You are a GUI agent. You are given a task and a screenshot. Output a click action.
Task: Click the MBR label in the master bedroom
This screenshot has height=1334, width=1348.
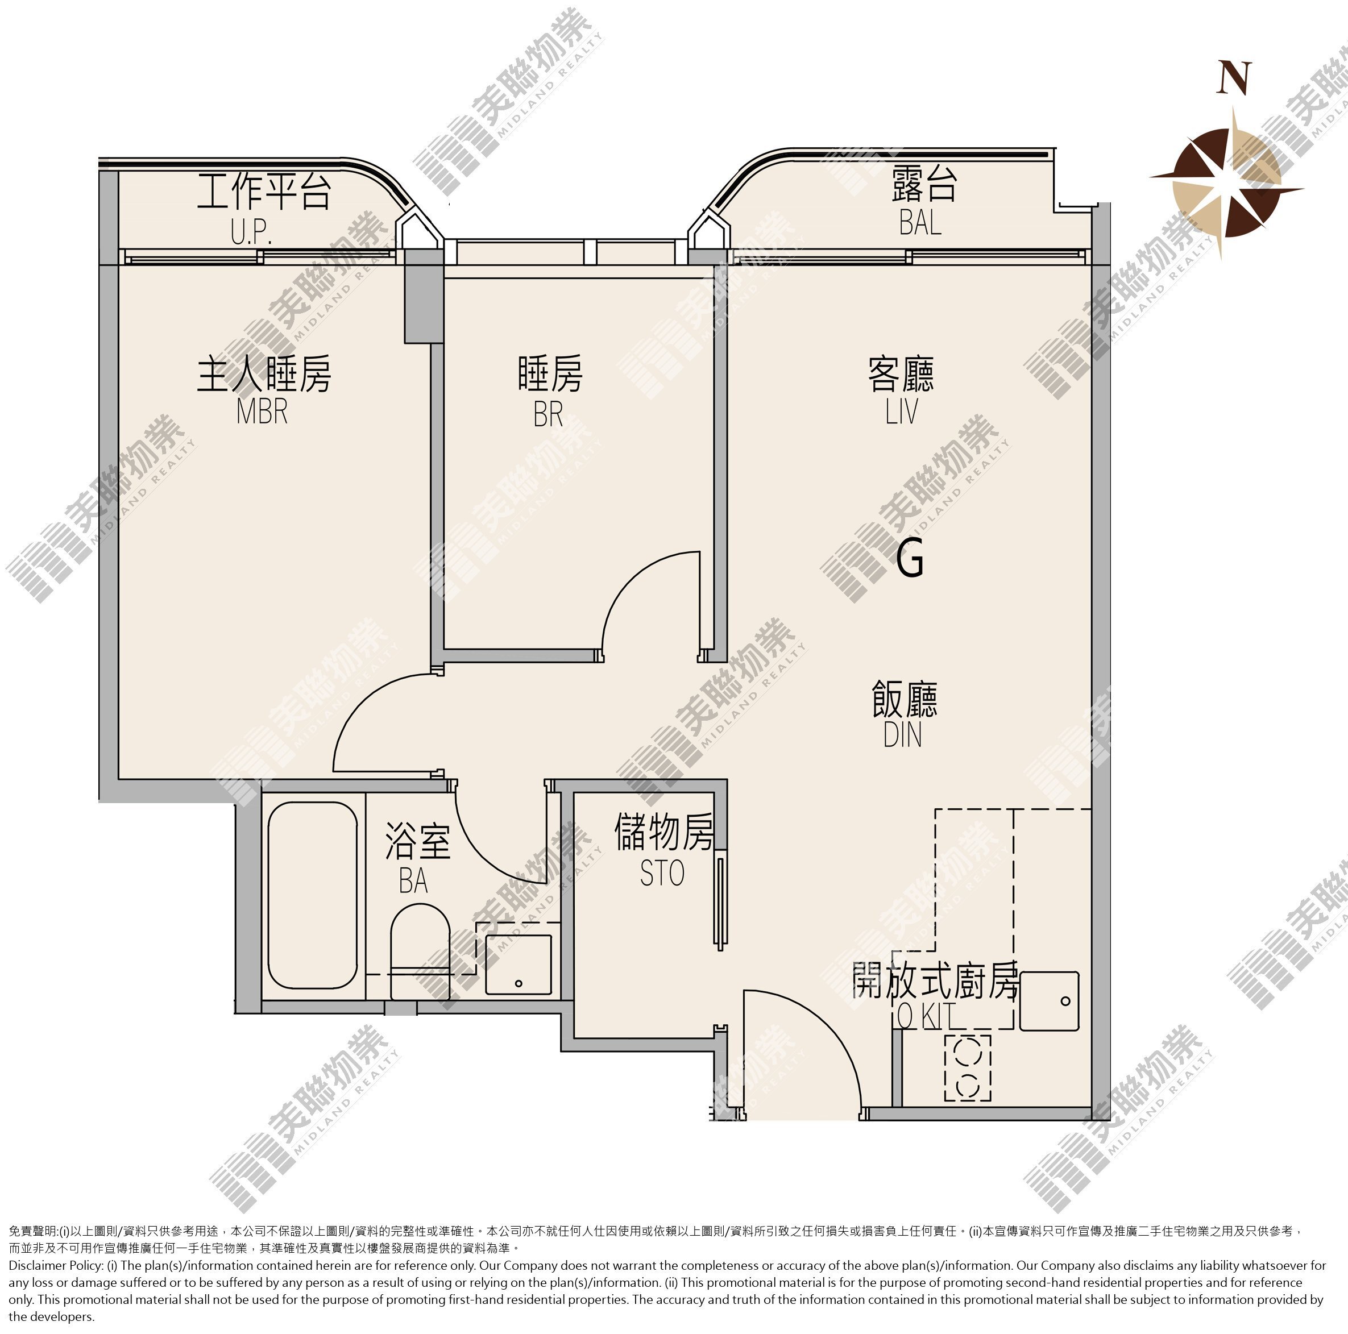tap(262, 410)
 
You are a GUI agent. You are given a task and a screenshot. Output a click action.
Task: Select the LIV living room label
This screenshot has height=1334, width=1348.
tap(902, 410)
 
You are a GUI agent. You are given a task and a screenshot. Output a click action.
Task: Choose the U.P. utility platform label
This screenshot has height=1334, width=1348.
tap(251, 232)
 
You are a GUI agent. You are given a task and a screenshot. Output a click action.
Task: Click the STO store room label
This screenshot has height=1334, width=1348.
tap(662, 873)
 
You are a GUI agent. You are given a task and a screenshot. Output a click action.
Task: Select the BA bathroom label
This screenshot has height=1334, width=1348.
tap(413, 880)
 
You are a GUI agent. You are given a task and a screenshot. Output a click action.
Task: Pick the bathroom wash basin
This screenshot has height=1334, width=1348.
tap(519, 964)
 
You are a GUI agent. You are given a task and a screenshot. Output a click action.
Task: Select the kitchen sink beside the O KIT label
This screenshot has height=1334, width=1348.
tap(1049, 1001)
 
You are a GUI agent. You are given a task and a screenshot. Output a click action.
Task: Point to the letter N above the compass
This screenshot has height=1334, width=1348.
tap(1234, 77)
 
